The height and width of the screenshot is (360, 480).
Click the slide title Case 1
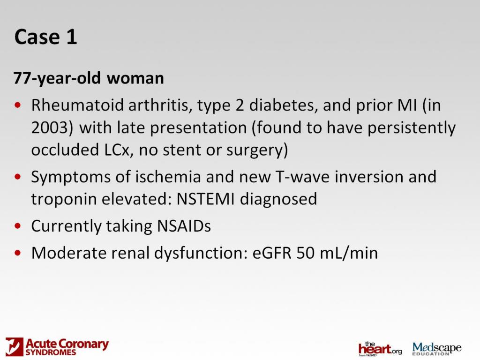click(45, 37)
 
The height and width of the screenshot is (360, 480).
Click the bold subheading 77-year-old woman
click(89, 78)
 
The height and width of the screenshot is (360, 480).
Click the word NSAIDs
click(182, 226)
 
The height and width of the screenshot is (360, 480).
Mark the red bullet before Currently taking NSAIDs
click(18, 226)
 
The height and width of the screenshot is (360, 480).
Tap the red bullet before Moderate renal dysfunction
click(18, 253)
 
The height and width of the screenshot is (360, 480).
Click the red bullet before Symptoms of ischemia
click(18, 177)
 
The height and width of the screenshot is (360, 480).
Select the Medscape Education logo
click(436, 348)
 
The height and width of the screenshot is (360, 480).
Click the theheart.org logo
click(380, 349)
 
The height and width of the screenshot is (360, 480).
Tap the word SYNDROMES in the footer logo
click(51, 352)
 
